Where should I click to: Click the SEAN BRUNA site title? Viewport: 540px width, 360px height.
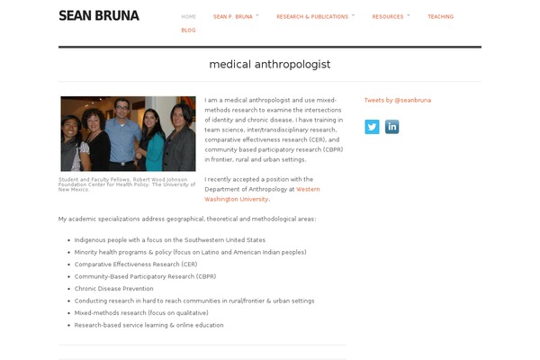tap(98, 15)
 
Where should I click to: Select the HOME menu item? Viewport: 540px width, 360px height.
tap(188, 16)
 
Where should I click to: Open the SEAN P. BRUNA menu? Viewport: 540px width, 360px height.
tap(233, 16)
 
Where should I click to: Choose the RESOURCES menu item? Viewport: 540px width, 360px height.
tap(388, 16)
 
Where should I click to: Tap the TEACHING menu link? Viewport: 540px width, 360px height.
tap(440, 16)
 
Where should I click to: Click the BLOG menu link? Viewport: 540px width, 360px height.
tap(188, 30)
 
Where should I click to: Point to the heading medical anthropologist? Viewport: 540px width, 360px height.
tap(270, 65)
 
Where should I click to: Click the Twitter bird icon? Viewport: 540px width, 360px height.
tap(372, 127)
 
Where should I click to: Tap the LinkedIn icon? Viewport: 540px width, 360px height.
tap(391, 127)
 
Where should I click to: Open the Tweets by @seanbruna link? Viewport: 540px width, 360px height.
tap(397, 100)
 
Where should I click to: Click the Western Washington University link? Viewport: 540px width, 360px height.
tap(261, 193)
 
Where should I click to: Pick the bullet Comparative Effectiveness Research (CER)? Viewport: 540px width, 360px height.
tap(135, 265)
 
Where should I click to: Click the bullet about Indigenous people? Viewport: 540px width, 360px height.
tap(169, 240)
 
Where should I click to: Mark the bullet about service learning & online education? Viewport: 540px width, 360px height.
tap(148, 325)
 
